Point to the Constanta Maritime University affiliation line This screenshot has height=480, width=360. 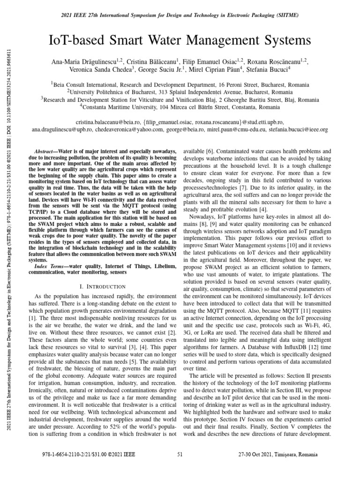click(180, 106)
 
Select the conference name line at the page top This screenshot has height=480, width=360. click(180, 15)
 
